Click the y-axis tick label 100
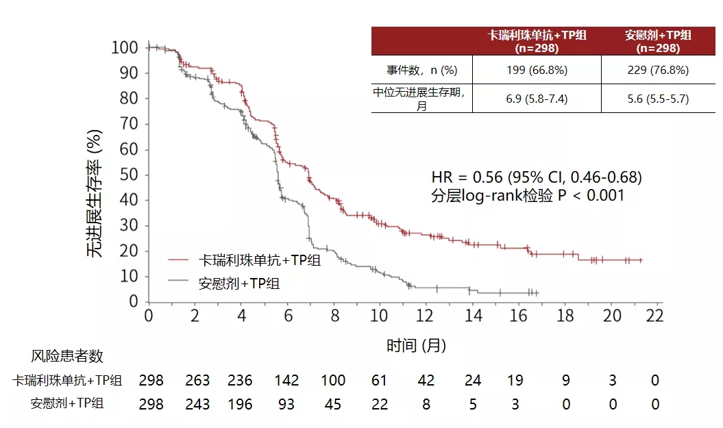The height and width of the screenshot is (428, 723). click(125, 47)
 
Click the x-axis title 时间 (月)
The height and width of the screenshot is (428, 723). click(416, 345)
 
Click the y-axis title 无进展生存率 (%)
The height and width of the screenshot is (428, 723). click(95, 194)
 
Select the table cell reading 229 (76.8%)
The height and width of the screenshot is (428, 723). click(658, 71)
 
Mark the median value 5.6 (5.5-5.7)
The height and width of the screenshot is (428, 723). click(658, 99)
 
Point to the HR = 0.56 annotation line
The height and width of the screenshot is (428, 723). click(536, 177)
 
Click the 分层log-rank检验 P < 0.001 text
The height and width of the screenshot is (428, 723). click(528, 196)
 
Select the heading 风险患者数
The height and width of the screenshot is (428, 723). click(67, 356)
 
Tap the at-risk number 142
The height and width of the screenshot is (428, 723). click(286, 381)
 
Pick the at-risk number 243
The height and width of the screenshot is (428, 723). click(198, 404)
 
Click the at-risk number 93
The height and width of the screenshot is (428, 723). click(286, 404)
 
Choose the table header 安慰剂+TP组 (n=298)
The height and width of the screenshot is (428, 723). click(658, 42)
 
